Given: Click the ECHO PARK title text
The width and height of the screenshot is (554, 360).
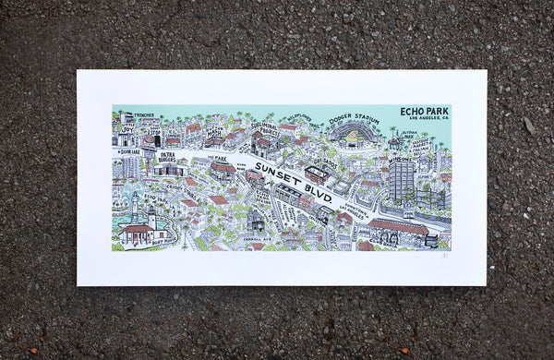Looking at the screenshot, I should click(424, 111).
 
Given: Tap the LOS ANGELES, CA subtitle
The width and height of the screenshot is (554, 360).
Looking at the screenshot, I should click(425, 119).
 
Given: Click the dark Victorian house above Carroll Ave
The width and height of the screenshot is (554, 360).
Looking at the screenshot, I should click(255, 220).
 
